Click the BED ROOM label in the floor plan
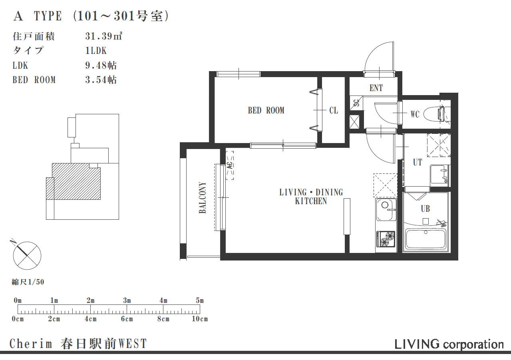click(x=266, y=110)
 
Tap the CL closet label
click(x=334, y=111)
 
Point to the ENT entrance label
click(x=376, y=88)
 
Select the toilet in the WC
click(x=437, y=113)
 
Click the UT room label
click(x=418, y=162)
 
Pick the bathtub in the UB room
click(x=426, y=239)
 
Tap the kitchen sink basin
click(x=386, y=210)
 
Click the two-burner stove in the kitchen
click(x=386, y=239)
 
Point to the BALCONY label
click(x=202, y=197)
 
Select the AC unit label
click(x=230, y=165)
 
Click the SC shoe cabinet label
click(x=356, y=103)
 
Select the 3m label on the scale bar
click(x=127, y=300)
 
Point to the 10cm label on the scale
click(x=200, y=319)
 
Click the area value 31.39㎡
click(x=104, y=36)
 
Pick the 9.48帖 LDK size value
click(x=101, y=66)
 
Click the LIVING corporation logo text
click(x=449, y=344)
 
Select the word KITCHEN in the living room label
click(x=311, y=201)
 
